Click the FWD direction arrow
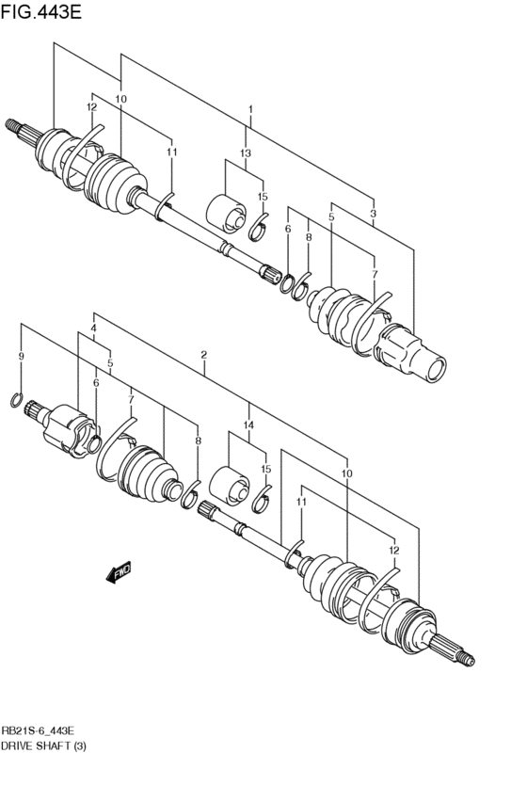[119, 573]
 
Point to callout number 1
[250, 110]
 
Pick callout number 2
[203, 355]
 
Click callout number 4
[93, 328]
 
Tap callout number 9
[21, 357]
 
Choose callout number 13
[246, 152]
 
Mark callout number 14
[248, 425]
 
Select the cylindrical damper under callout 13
[226, 212]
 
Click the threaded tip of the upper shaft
[12, 123]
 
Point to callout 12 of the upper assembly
[92, 107]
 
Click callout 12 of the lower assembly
[393, 550]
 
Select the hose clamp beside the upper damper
[258, 226]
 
